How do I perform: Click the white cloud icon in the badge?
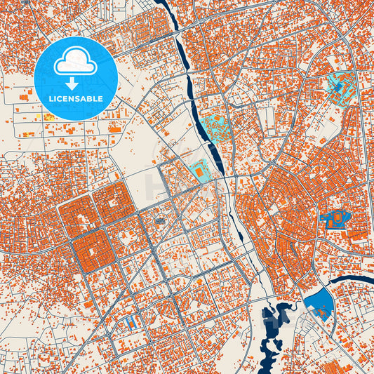75,62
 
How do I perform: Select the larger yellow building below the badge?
50,116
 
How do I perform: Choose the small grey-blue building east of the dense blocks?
160,222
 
